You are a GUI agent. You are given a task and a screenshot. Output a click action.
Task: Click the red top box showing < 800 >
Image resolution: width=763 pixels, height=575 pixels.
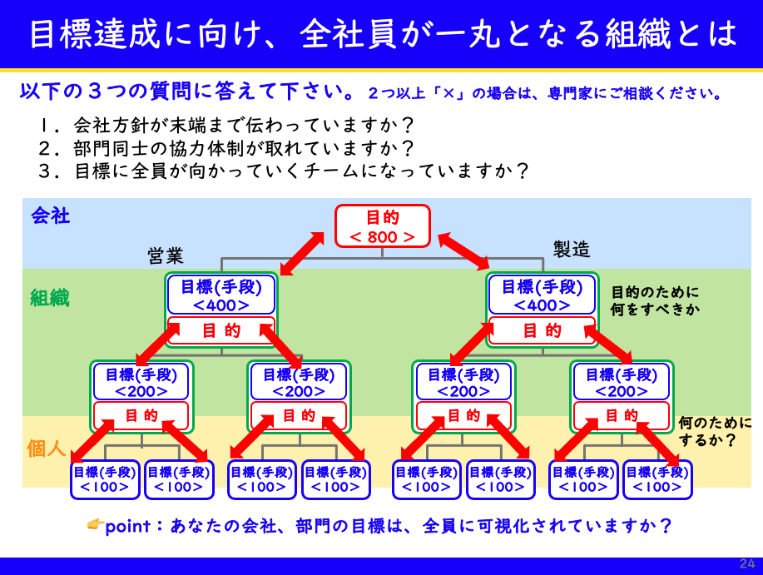tap(382, 226)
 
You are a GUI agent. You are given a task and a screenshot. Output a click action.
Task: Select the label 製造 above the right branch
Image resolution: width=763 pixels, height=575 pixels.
tap(572, 249)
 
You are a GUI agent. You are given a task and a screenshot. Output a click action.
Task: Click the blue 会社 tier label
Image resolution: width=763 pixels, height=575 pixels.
tap(51, 216)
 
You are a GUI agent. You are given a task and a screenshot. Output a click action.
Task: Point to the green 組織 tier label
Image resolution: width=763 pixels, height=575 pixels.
tap(50, 298)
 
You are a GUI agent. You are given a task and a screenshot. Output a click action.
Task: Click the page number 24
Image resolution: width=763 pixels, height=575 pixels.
tap(747, 564)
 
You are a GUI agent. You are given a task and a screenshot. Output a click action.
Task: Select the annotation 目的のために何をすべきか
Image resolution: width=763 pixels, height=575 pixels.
tap(656, 300)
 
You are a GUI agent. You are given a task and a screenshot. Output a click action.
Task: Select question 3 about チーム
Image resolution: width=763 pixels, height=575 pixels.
tap(284, 171)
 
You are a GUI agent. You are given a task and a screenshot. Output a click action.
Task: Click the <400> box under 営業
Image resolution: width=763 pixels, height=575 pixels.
tap(221, 295)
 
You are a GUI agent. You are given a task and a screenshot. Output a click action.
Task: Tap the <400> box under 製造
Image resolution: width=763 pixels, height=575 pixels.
tap(542, 295)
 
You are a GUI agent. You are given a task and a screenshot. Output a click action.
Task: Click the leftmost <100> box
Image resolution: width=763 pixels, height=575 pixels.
tap(105, 479)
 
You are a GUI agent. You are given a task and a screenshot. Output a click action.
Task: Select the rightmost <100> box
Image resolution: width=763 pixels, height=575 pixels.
tap(657, 479)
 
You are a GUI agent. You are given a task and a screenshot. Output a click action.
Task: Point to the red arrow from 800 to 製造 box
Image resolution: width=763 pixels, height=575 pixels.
tap(463, 250)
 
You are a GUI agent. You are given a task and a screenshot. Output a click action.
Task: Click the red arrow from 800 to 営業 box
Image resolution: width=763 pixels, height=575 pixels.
tap(302, 253)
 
